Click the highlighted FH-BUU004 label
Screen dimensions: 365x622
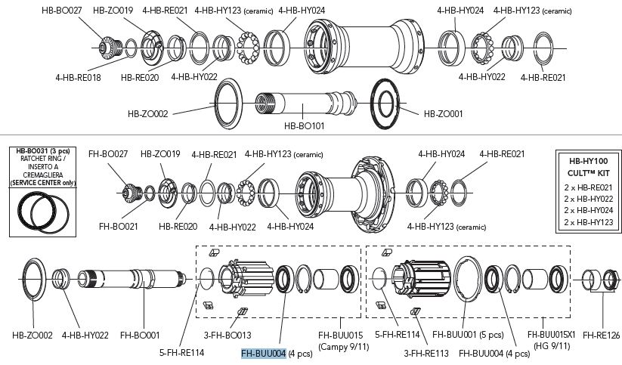[263, 353]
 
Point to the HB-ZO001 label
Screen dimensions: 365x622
[444, 114]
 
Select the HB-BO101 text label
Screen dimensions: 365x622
[305, 126]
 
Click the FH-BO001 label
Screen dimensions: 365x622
[141, 333]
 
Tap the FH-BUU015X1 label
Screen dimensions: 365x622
[551, 333]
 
